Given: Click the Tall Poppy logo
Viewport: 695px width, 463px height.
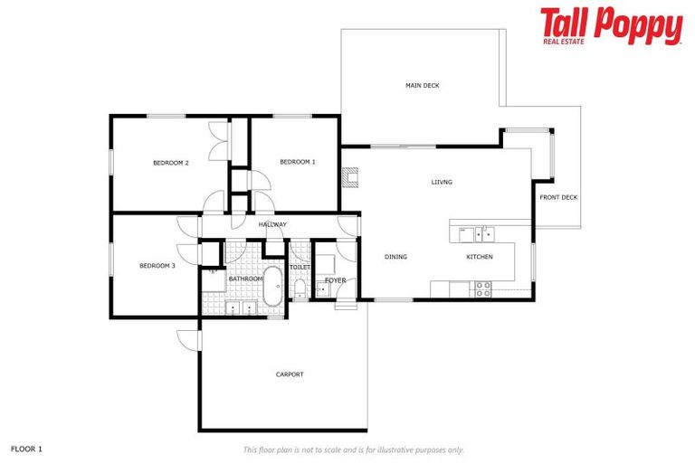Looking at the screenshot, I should tap(611, 26).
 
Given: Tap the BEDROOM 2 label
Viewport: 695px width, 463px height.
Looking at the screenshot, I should tap(170, 163).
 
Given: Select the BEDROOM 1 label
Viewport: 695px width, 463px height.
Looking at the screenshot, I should tap(297, 162).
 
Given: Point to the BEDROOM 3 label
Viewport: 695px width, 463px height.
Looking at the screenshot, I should tap(157, 266).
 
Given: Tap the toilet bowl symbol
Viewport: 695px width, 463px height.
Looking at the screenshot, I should tap(300, 288).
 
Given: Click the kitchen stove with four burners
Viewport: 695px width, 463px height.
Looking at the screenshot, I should tap(483, 289).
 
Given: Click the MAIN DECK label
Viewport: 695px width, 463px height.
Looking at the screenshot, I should tap(422, 86).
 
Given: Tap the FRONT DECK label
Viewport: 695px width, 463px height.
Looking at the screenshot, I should tap(558, 197).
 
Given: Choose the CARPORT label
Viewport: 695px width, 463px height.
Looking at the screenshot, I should tap(290, 374).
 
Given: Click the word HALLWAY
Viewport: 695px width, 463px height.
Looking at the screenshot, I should tap(272, 224).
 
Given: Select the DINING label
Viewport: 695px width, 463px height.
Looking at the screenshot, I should tap(395, 257).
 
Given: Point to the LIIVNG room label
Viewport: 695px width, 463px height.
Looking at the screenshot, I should tap(442, 182).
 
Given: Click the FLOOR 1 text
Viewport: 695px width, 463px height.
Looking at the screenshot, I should tap(26, 449).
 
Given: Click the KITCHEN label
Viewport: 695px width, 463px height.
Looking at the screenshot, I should tap(480, 257).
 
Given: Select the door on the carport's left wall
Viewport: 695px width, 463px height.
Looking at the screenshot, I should tap(188, 340).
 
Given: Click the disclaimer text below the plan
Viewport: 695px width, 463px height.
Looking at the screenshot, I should tap(353, 449).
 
